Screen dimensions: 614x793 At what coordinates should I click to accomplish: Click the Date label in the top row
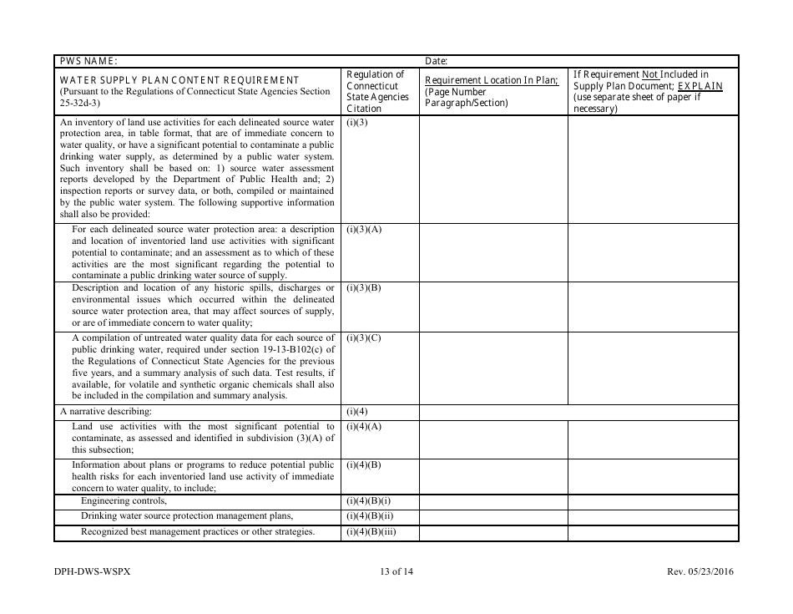pos(437,61)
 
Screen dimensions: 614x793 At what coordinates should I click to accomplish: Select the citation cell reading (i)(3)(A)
pos(364,229)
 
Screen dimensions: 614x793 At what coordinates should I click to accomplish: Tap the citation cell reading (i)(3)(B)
pos(364,288)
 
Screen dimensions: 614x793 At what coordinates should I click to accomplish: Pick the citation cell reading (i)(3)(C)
pos(364,337)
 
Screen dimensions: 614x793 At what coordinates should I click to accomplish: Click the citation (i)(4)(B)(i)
pos(368,501)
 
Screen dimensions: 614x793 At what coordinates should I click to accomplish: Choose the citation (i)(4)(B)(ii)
pos(370,516)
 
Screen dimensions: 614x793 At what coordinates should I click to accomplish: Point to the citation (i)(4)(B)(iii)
pos(371,532)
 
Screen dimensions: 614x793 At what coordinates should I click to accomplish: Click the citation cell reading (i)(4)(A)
pos(364,427)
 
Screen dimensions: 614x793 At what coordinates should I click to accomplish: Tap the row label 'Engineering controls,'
pos(124,501)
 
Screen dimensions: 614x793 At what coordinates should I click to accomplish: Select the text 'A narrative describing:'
pos(106,412)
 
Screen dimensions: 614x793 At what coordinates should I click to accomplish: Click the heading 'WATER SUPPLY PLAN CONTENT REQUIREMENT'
pos(179,80)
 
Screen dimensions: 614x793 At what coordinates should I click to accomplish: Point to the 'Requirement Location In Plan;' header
pos(492,80)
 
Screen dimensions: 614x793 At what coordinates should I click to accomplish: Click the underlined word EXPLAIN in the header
pos(700,86)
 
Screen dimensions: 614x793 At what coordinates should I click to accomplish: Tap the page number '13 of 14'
pos(396,572)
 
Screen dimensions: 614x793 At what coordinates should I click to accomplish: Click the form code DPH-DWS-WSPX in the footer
pos(93,572)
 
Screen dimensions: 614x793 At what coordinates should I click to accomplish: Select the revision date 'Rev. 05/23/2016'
pos(700,572)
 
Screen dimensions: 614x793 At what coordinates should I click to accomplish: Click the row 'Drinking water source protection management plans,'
pos(187,516)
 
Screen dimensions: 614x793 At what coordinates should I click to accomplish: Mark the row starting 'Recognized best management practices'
pos(197,532)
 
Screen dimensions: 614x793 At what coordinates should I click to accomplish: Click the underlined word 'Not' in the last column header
pos(650,74)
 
